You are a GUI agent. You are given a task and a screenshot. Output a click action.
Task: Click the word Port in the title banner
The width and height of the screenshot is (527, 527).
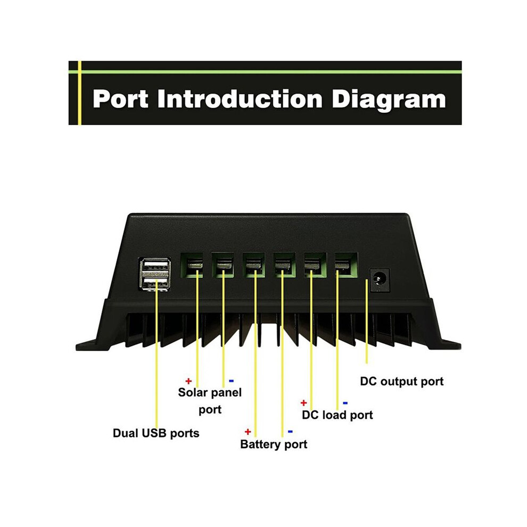tap(120, 99)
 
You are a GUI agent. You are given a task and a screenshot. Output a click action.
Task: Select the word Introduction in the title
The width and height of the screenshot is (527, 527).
tap(240, 99)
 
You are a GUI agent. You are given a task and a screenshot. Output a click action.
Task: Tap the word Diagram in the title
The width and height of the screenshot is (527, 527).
tap(389, 101)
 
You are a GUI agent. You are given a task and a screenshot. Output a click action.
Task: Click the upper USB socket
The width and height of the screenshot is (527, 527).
tap(155, 266)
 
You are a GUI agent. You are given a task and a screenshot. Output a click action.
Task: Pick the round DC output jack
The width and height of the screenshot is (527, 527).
tap(380, 279)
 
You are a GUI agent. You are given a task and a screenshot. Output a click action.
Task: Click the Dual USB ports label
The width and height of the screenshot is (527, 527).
tap(156, 433)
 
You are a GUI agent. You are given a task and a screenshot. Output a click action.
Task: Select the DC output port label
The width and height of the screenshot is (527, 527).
tap(401, 382)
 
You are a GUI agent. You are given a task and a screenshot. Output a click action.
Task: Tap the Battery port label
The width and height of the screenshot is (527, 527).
tap(274, 444)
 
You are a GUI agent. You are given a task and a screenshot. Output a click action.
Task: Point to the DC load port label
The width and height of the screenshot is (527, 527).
tap(337, 415)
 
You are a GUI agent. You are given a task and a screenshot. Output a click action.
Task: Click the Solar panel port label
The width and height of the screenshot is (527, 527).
tap(210, 401)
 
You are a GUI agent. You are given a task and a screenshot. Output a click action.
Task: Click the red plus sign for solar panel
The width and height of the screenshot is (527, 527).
tap(188, 381)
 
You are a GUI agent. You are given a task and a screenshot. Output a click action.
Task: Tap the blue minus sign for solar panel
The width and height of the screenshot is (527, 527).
tap(231, 381)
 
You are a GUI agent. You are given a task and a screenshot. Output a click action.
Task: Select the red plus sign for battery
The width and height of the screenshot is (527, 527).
tap(248, 432)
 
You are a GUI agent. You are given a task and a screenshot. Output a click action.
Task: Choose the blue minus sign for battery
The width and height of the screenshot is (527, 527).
tap(290, 432)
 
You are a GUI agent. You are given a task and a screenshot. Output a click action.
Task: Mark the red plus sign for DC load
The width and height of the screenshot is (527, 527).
tap(303, 402)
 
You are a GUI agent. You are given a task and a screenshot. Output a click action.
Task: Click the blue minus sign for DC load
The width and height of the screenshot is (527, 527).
tap(345, 402)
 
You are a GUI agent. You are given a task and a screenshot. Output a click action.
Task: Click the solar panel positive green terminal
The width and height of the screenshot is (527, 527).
tap(192, 265)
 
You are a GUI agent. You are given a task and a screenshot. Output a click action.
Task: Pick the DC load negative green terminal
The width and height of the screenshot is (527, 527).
tap(346, 265)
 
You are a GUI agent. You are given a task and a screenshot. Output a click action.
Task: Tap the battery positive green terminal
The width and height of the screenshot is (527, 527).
tap(254, 265)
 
